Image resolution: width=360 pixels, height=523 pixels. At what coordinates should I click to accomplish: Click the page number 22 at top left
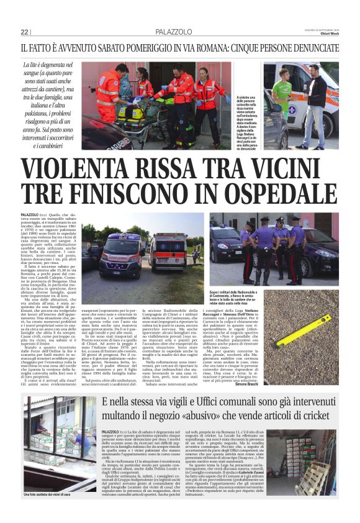click(25, 32)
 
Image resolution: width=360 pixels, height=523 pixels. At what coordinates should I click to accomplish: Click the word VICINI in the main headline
click(294, 168)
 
